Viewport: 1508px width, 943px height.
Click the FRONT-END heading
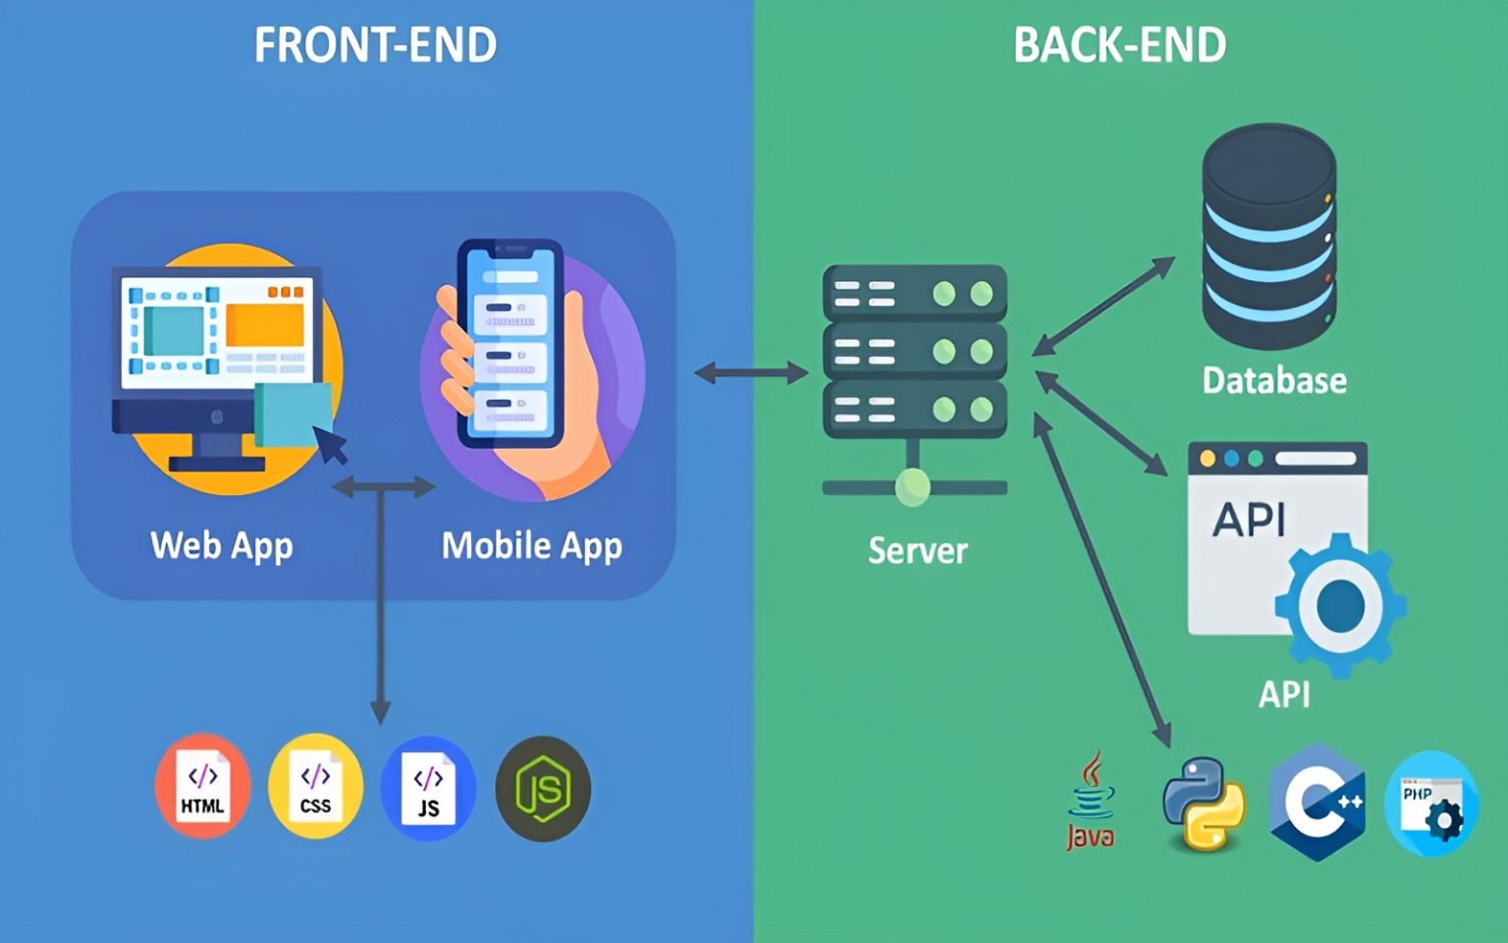click(x=375, y=45)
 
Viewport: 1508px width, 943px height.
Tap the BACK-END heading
click(x=1119, y=45)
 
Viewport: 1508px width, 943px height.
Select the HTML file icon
click(x=202, y=787)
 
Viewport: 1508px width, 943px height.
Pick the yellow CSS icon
click(x=315, y=787)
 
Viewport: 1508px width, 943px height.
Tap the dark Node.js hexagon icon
click(x=543, y=789)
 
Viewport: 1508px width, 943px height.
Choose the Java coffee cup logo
click(x=1091, y=801)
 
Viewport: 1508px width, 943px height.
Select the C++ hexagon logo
click(x=1317, y=802)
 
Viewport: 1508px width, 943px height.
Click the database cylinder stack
click(x=1268, y=236)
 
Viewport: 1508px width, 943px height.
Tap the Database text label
click(x=1274, y=380)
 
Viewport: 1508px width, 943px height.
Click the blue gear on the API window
click(x=1340, y=604)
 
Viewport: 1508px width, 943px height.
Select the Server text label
click(x=918, y=550)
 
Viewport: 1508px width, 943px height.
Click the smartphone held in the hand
click(x=510, y=344)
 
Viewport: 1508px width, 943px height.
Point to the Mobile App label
click(x=531, y=545)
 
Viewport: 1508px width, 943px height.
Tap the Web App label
click(x=222, y=545)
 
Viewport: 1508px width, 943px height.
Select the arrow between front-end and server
click(x=751, y=373)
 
